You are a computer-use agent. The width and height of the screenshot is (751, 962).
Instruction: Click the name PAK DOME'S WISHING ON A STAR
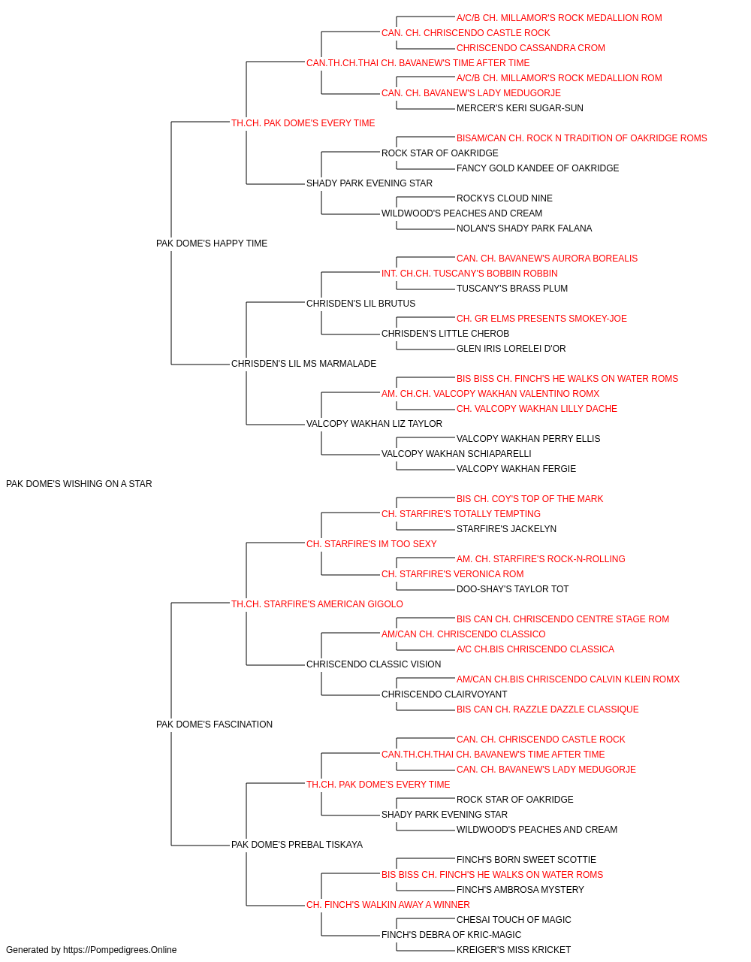79,483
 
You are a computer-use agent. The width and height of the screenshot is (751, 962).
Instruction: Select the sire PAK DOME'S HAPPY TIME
212,243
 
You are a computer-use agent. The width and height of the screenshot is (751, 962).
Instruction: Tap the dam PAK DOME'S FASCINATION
214,724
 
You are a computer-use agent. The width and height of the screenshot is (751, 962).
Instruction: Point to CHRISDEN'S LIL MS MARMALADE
303,364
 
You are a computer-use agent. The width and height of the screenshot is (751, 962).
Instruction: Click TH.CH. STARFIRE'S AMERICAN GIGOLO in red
317,604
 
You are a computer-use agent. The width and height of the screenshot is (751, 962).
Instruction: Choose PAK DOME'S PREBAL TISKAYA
297,844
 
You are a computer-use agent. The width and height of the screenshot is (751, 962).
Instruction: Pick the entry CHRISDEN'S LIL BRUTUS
360,303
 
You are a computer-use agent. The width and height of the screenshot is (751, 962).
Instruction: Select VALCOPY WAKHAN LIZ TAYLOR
374,424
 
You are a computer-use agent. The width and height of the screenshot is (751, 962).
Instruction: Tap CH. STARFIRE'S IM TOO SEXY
372,543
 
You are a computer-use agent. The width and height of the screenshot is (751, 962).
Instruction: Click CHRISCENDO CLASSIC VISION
373,664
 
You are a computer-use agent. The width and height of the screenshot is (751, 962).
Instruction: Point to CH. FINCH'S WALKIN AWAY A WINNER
388,904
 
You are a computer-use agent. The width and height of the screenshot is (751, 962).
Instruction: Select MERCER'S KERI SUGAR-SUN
520,108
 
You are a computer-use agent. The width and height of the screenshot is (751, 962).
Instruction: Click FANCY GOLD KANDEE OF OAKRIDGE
538,168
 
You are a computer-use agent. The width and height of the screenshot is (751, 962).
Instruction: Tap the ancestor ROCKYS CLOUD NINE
504,198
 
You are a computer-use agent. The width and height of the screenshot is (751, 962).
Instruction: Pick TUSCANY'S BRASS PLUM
511,288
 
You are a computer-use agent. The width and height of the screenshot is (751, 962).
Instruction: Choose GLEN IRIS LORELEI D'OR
511,349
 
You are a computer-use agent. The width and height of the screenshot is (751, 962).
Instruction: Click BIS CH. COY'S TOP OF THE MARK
529,498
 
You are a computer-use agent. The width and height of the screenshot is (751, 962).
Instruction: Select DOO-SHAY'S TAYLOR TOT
512,588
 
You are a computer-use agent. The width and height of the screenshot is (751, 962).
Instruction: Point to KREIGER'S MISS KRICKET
514,950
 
